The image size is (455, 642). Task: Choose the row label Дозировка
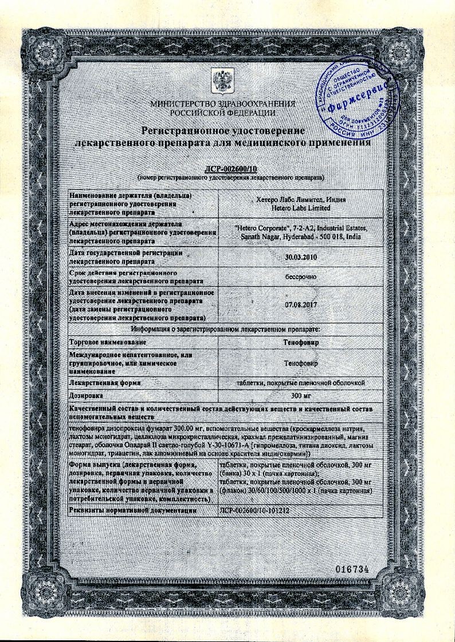[x=85, y=395]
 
